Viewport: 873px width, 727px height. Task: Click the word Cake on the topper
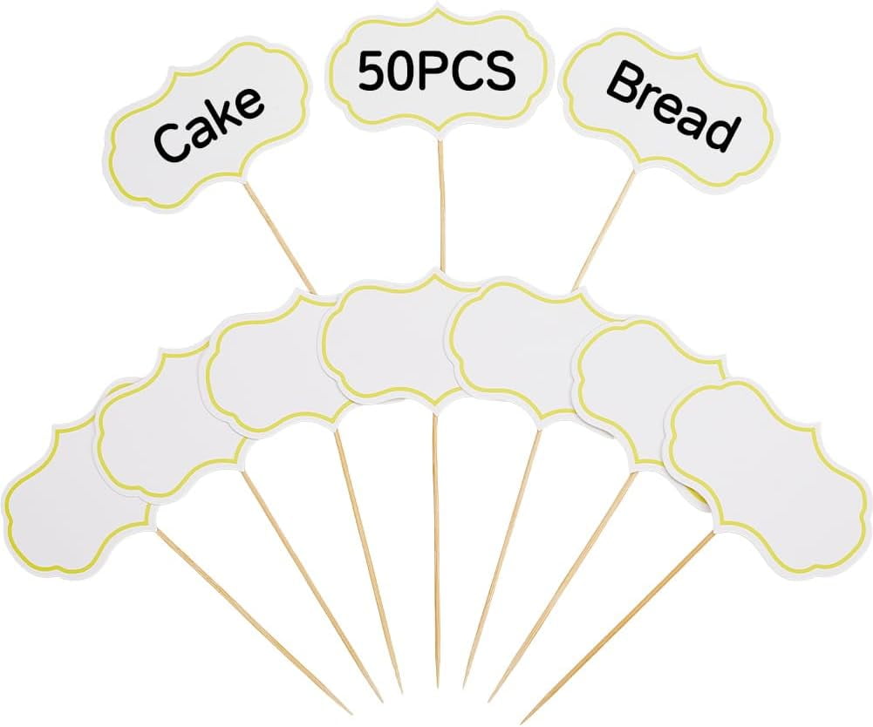[x=208, y=124]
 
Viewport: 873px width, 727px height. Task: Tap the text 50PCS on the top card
[x=436, y=71]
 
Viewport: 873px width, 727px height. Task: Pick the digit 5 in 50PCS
[x=372, y=71]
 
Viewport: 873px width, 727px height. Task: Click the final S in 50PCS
[x=501, y=71]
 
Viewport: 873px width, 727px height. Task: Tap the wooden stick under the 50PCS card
[x=442, y=206]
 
